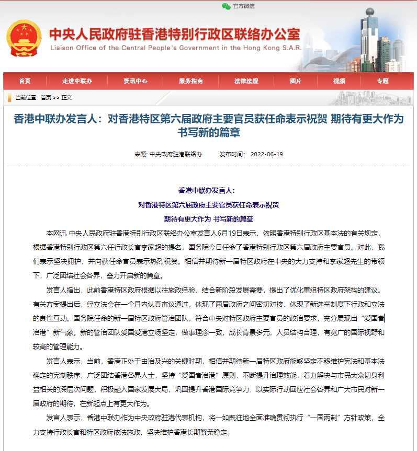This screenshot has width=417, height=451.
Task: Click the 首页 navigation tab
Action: [x=25, y=81]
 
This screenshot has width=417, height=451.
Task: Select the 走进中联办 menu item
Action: [x=77, y=81]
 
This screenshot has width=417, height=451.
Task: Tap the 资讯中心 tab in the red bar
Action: [x=136, y=81]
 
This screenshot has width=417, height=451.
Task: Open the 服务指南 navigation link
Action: [x=191, y=81]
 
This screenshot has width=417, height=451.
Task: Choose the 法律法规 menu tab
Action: [x=246, y=81]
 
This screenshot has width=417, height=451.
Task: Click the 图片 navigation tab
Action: [x=296, y=81]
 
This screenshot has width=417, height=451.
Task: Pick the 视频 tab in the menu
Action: [x=339, y=81]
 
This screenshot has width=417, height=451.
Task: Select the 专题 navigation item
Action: [x=382, y=81]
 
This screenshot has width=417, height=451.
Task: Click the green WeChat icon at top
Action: [x=226, y=6]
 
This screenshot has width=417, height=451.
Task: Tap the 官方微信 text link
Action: [x=244, y=6]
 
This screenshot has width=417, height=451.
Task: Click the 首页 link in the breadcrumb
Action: [x=46, y=98]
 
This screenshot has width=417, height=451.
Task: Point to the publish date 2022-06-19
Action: [x=267, y=154]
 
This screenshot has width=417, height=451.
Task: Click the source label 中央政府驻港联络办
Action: [x=176, y=154]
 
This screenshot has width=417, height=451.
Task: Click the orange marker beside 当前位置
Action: [x=10, y=98]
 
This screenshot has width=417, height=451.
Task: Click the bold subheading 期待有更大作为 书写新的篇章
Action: [x=208, y=218]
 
